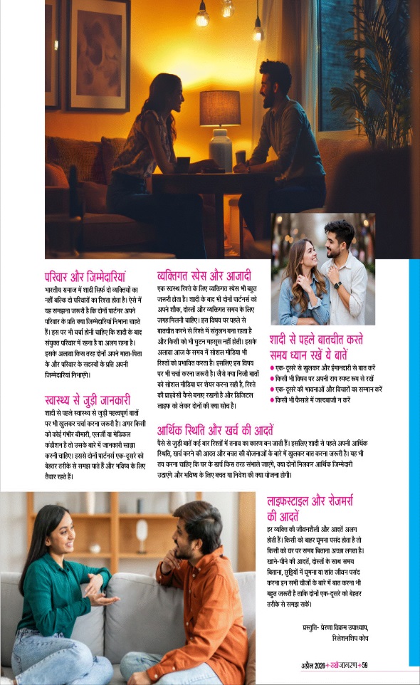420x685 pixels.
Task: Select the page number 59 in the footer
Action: point(364,666)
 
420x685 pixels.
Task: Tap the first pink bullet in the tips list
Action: point(272,368)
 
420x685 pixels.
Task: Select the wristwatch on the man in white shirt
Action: point(338,285)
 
